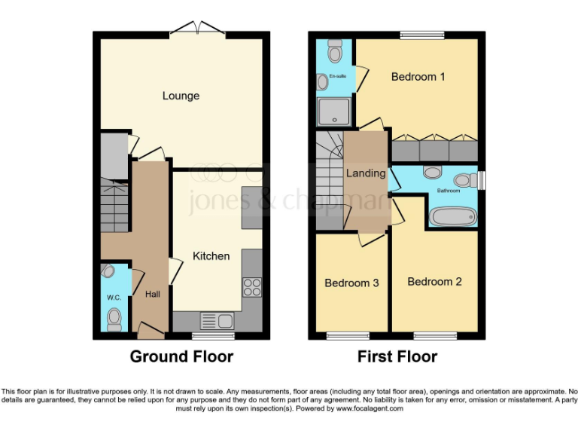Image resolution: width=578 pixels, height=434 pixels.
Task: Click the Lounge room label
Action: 181,96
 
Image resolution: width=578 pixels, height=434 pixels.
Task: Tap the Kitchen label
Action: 211,256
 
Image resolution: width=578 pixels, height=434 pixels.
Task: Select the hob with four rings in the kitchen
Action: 251,287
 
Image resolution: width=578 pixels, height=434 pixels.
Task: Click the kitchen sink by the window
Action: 216,321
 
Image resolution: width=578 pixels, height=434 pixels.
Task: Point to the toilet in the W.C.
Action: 114,320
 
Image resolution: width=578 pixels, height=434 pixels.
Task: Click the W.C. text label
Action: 114,298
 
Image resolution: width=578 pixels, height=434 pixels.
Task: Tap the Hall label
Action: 153,295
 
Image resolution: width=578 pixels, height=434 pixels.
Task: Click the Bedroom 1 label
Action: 418,77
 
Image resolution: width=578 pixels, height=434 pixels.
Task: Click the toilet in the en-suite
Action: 335,50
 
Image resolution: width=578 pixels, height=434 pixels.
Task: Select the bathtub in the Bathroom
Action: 452,217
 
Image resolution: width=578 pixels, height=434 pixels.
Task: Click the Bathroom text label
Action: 451,191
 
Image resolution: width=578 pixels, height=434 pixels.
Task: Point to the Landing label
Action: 366,173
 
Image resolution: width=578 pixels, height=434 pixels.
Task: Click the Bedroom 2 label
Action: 434,282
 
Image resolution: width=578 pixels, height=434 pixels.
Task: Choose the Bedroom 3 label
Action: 351,283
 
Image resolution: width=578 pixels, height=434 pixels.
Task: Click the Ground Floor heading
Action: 181,356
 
